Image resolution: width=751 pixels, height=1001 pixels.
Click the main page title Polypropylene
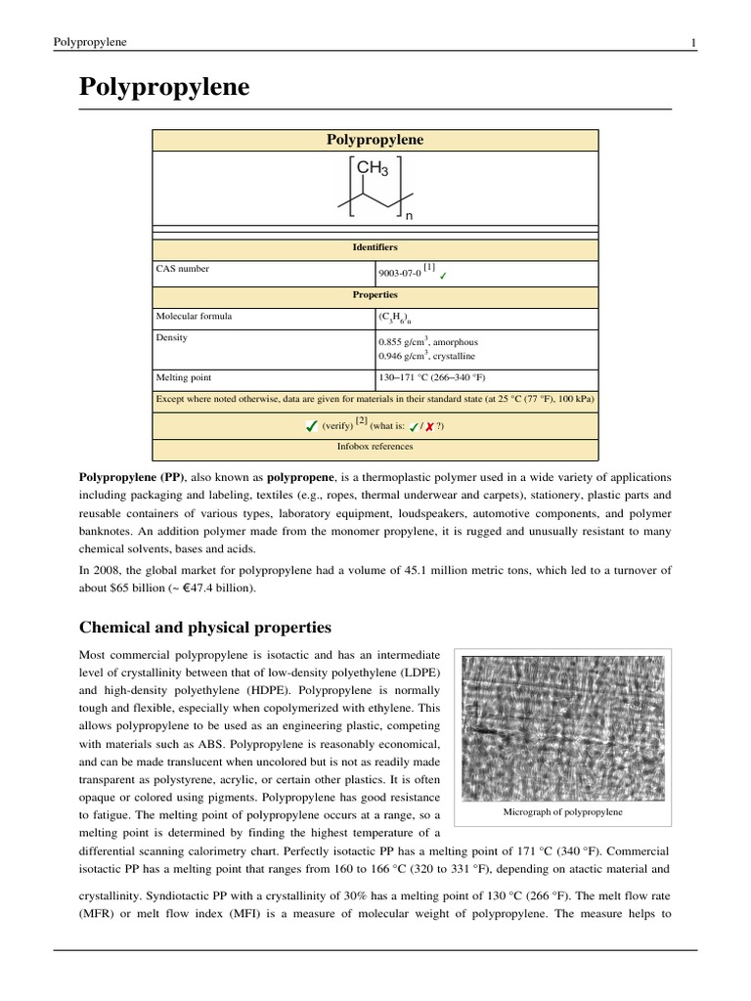tap(164, 88)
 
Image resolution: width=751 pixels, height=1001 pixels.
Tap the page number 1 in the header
tap(693, 42)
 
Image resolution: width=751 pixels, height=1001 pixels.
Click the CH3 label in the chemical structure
tap(373, 170)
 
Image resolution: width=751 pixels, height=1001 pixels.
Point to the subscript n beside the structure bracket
tap(409, 215)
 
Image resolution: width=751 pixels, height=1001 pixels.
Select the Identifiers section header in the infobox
tap(375, 248)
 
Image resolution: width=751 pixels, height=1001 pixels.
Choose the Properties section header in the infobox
tap(375, 294)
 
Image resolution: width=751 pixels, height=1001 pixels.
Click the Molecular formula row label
tap(195, 317)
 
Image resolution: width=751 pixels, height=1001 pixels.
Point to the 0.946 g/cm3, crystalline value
tap(428, 357)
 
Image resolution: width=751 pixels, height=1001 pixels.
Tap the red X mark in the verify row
tap(429, 427)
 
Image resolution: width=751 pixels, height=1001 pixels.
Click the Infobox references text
tap(375, 447)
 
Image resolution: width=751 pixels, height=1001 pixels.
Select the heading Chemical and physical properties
tap(204, 627)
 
